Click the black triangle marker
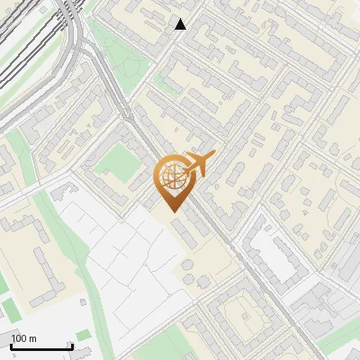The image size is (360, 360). coord(181,24)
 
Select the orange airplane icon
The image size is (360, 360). coord(201,164)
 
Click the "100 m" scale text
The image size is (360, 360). coord(23,337)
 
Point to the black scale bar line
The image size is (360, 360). coord(40,346)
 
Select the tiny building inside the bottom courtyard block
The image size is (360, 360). coord(245,315)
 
